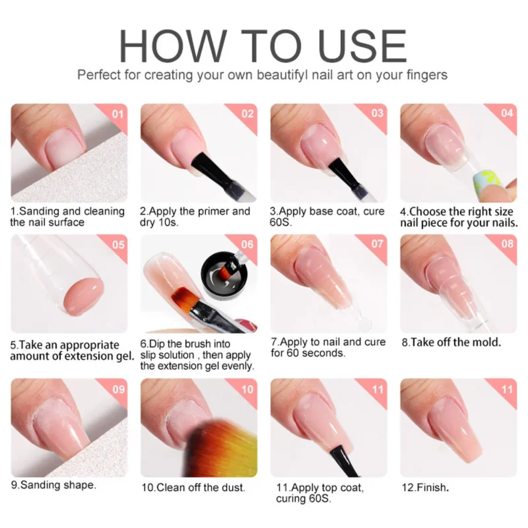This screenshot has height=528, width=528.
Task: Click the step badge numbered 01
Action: (x=118, y=113)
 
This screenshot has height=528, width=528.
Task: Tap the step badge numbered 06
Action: (x=247, y=245)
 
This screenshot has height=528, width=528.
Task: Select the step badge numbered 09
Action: (x=118, y=389)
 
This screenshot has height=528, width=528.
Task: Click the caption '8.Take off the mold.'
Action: (x=451, y=343)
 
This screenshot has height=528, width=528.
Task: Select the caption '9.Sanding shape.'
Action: (x=53, y=485)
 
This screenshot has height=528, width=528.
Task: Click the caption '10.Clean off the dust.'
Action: (x=192, y=488)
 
